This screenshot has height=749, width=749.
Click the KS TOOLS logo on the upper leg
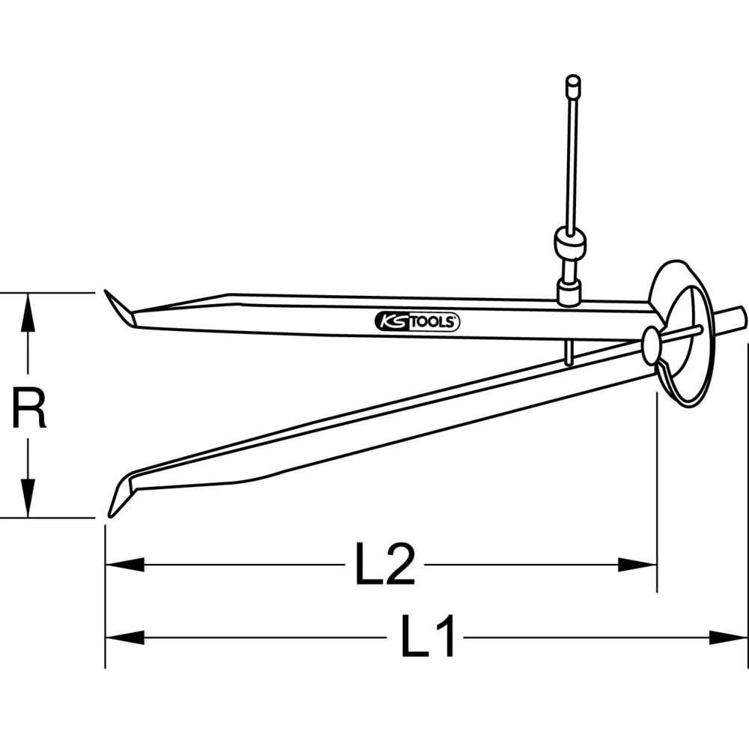pyautogui.click(x=417, y=322)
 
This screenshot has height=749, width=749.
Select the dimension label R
pyautogui.click(x=28, y=408)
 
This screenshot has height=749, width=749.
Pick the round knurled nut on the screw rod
pyautogui.click(x=570, y=243)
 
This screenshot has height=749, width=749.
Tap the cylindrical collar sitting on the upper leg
pyautogui.click(x=569, y=291)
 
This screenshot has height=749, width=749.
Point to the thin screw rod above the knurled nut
pyautogui.click(x=571, y=157)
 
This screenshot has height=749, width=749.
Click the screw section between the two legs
pyautogui.click(x=569, y=352)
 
